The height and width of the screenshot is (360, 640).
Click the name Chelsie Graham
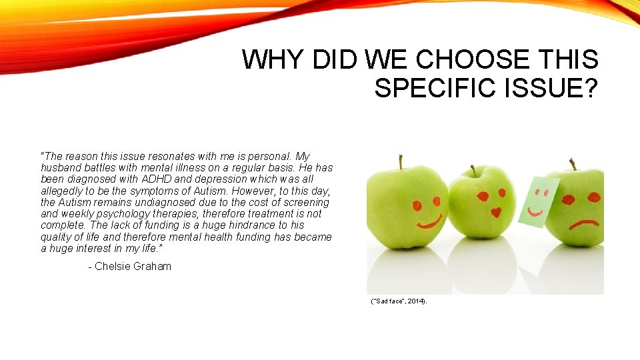133,266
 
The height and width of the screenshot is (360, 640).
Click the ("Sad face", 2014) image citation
399,301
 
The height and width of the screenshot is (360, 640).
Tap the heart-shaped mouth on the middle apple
496,213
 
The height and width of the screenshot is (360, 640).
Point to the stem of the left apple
401,161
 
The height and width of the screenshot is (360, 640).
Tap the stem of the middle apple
473,171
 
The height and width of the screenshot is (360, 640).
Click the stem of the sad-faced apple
572,164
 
